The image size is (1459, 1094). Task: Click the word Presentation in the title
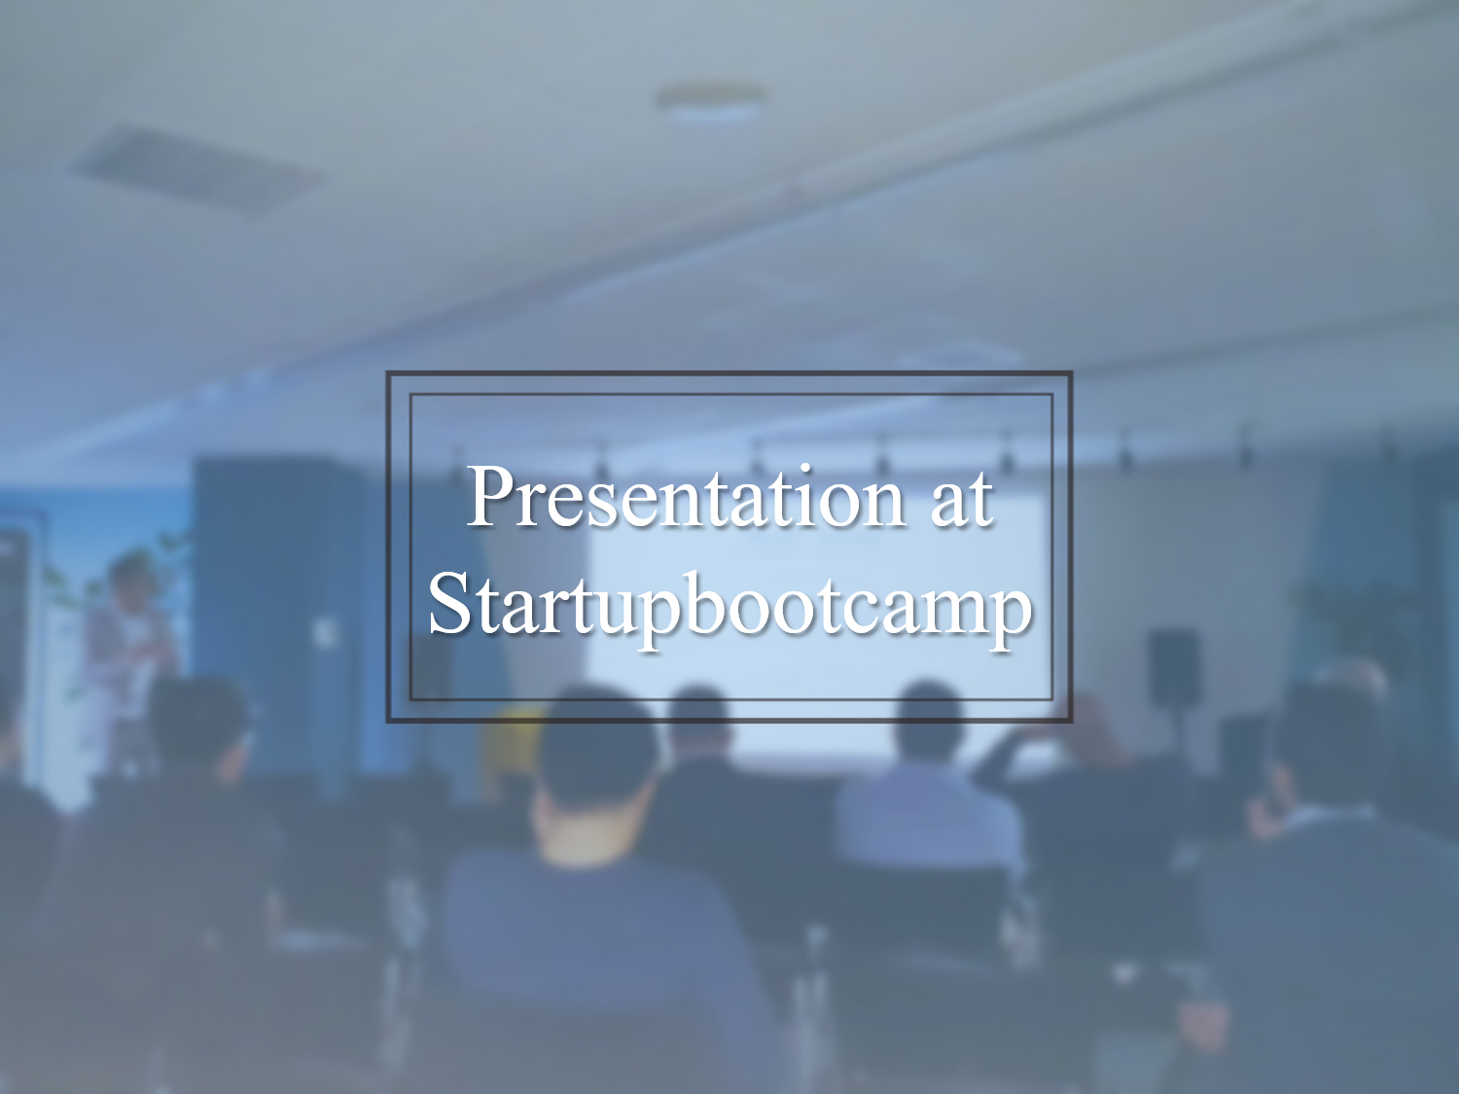[686, 498]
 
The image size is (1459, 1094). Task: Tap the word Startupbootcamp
[729, 605]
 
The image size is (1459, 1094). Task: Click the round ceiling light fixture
[710, 102]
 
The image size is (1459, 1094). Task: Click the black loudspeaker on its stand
[1173, 666]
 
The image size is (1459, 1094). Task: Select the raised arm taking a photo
[1012, 754]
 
